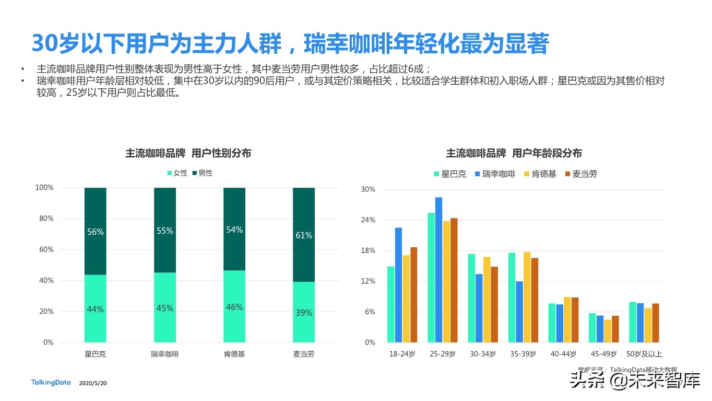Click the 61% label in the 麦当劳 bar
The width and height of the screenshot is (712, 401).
pos(303,235)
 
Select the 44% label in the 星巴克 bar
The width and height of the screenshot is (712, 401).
pos(95,309)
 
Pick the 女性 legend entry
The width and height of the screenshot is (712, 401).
pos(177,173)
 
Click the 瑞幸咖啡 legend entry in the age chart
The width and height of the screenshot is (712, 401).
pos(494,174)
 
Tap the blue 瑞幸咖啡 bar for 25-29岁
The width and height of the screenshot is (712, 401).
pos(438,270)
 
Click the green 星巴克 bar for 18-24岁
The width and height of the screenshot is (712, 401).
pos(390,304)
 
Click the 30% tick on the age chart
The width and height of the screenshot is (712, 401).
pos(368,189)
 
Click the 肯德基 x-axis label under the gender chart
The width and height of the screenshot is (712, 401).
pos(234,354)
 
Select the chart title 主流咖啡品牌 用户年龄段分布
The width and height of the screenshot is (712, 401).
pos(514,153)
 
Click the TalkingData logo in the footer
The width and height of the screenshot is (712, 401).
pos(51,383)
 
